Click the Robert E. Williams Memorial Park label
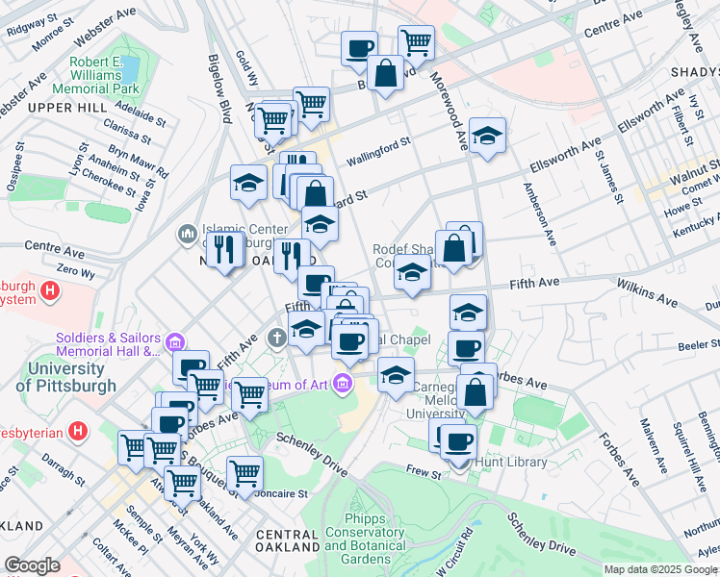pos(106,75)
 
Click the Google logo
pos(32,566)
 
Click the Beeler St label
pos(691,343)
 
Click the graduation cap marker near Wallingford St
pos(487,136)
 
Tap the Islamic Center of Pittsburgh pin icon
pos(187,234)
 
